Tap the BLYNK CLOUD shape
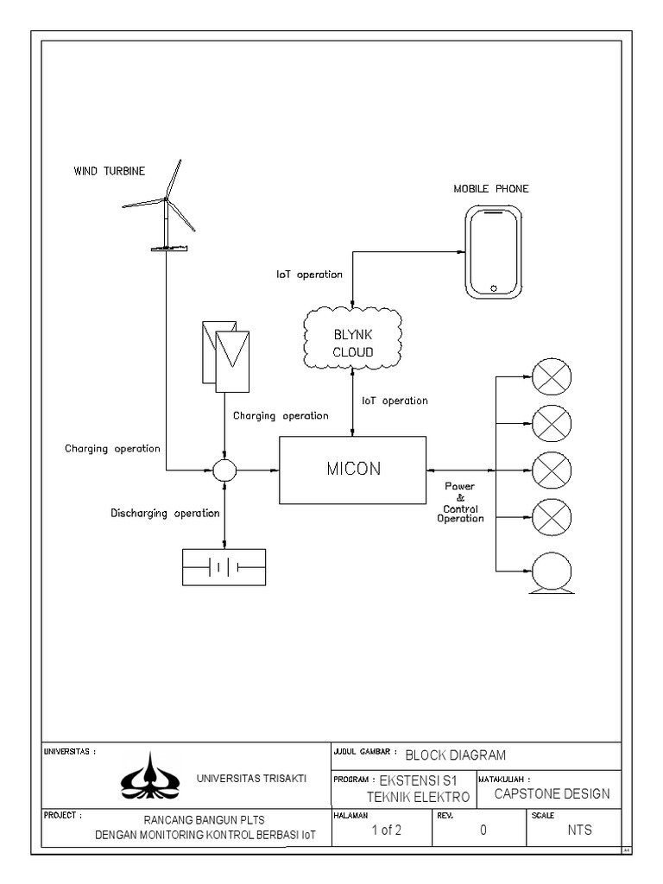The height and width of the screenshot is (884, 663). (353, 338)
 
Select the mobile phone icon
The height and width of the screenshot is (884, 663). (493, 251)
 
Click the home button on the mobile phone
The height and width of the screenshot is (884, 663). (494, 288)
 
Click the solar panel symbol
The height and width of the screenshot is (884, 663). (225, 357)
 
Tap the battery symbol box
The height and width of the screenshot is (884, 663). (224, 567)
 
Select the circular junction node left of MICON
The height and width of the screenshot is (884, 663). (224, 470)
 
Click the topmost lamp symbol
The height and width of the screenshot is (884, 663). (552, 376)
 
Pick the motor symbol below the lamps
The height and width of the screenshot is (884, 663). (552, 573)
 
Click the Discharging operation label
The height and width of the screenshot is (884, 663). (165, 514)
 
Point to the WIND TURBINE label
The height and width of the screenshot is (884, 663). (110, 171)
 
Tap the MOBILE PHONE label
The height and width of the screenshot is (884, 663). (491, 189)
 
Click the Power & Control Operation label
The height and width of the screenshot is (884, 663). (461, 502)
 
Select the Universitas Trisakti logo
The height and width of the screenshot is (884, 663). (149, 776)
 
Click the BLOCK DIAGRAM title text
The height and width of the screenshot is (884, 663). (456, 755)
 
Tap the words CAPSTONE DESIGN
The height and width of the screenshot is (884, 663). (552, 794)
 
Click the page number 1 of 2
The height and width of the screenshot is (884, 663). (386, 830)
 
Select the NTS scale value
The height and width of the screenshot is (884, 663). (579, 830)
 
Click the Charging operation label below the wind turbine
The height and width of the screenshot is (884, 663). (112, 449)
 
